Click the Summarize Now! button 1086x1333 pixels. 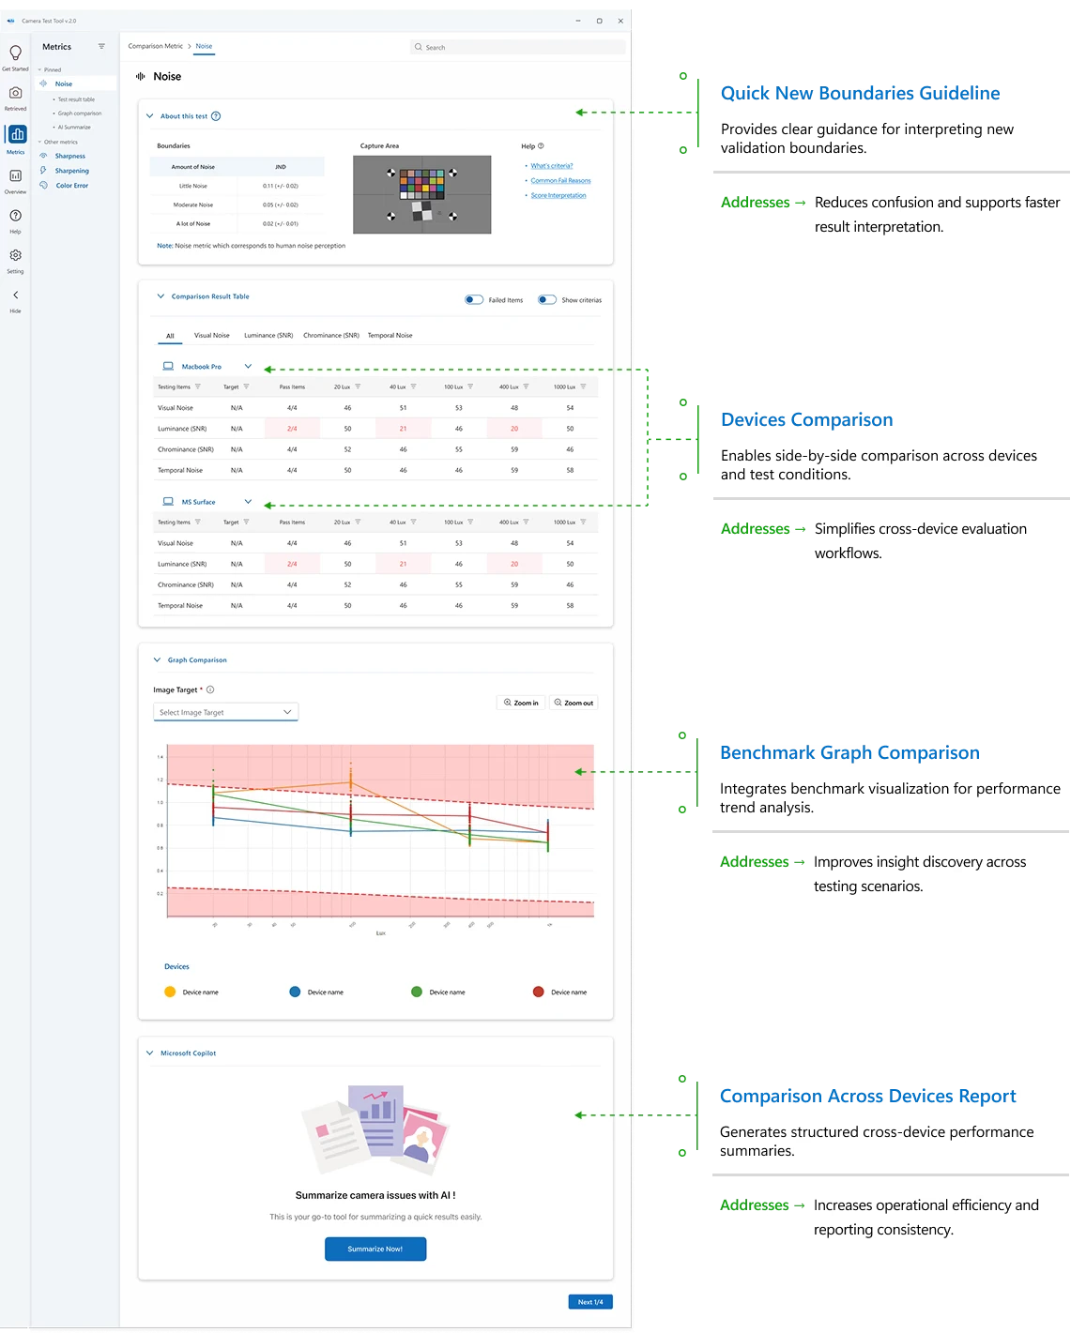click(x=375, y=1249)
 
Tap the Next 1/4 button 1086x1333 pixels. click(x=590, y=1302)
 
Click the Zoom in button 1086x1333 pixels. click(x=521, y=703)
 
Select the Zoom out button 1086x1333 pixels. click(x=574, y=703)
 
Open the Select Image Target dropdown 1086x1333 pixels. click(x=225, y=712)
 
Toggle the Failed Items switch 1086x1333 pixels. click(x=474, y=300)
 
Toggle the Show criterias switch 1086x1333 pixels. click(x=547, y=300)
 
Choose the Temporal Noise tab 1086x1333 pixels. click(x=390, y=335)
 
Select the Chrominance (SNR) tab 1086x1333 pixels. click(x=330, y=335)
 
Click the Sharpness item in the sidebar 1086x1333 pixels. click(x=69, y=156)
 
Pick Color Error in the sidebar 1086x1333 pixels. click(x=71, y=186)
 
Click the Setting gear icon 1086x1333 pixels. click(x=15, y=255)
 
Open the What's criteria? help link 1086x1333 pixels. click(x=552, y=166)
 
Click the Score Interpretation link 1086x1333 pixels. click(x=558, y=196)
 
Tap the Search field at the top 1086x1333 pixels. click(x=517, y=47)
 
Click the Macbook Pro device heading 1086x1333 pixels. click(x=201, y=367)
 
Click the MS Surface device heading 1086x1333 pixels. click(x=198, y=502)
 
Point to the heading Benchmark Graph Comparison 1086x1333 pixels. click(x=849, y=753)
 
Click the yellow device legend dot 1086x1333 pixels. click(x=170, y=992)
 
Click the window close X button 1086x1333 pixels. click(x=620, y=21)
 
